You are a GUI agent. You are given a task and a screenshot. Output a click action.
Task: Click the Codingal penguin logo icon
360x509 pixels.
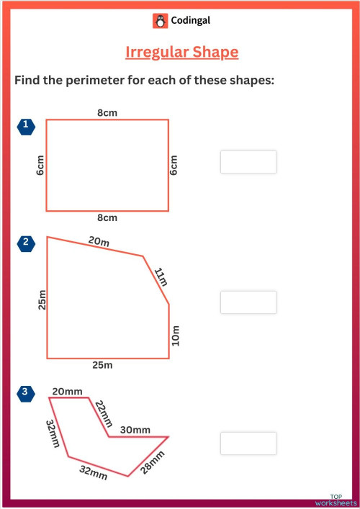(160, 22)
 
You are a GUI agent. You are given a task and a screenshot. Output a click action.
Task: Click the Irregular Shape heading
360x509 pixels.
(181, 53)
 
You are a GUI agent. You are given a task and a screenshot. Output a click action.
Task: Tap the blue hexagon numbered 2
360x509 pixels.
(26, 243)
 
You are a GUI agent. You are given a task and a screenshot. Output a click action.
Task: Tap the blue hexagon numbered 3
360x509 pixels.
(26, 392)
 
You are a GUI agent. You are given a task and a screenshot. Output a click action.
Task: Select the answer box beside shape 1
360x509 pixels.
(248, 162)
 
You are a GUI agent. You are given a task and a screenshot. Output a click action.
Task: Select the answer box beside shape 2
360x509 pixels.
(248, 302)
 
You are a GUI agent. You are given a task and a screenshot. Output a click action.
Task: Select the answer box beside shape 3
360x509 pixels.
(248, 443)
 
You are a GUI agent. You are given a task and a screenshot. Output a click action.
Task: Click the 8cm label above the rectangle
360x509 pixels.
(107, 112)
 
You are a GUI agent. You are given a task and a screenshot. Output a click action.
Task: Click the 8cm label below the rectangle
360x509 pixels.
(107, 217)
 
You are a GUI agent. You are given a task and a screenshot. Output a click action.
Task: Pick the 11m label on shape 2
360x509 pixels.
(161, 277)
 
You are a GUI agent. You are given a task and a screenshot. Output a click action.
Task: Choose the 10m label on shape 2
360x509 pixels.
(176, 335)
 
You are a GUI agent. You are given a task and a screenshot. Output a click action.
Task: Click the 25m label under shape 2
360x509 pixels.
(102, 365)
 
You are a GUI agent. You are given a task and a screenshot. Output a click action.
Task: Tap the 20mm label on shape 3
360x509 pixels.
(67, 391)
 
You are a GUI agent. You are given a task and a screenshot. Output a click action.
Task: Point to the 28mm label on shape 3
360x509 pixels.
(152, 462)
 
